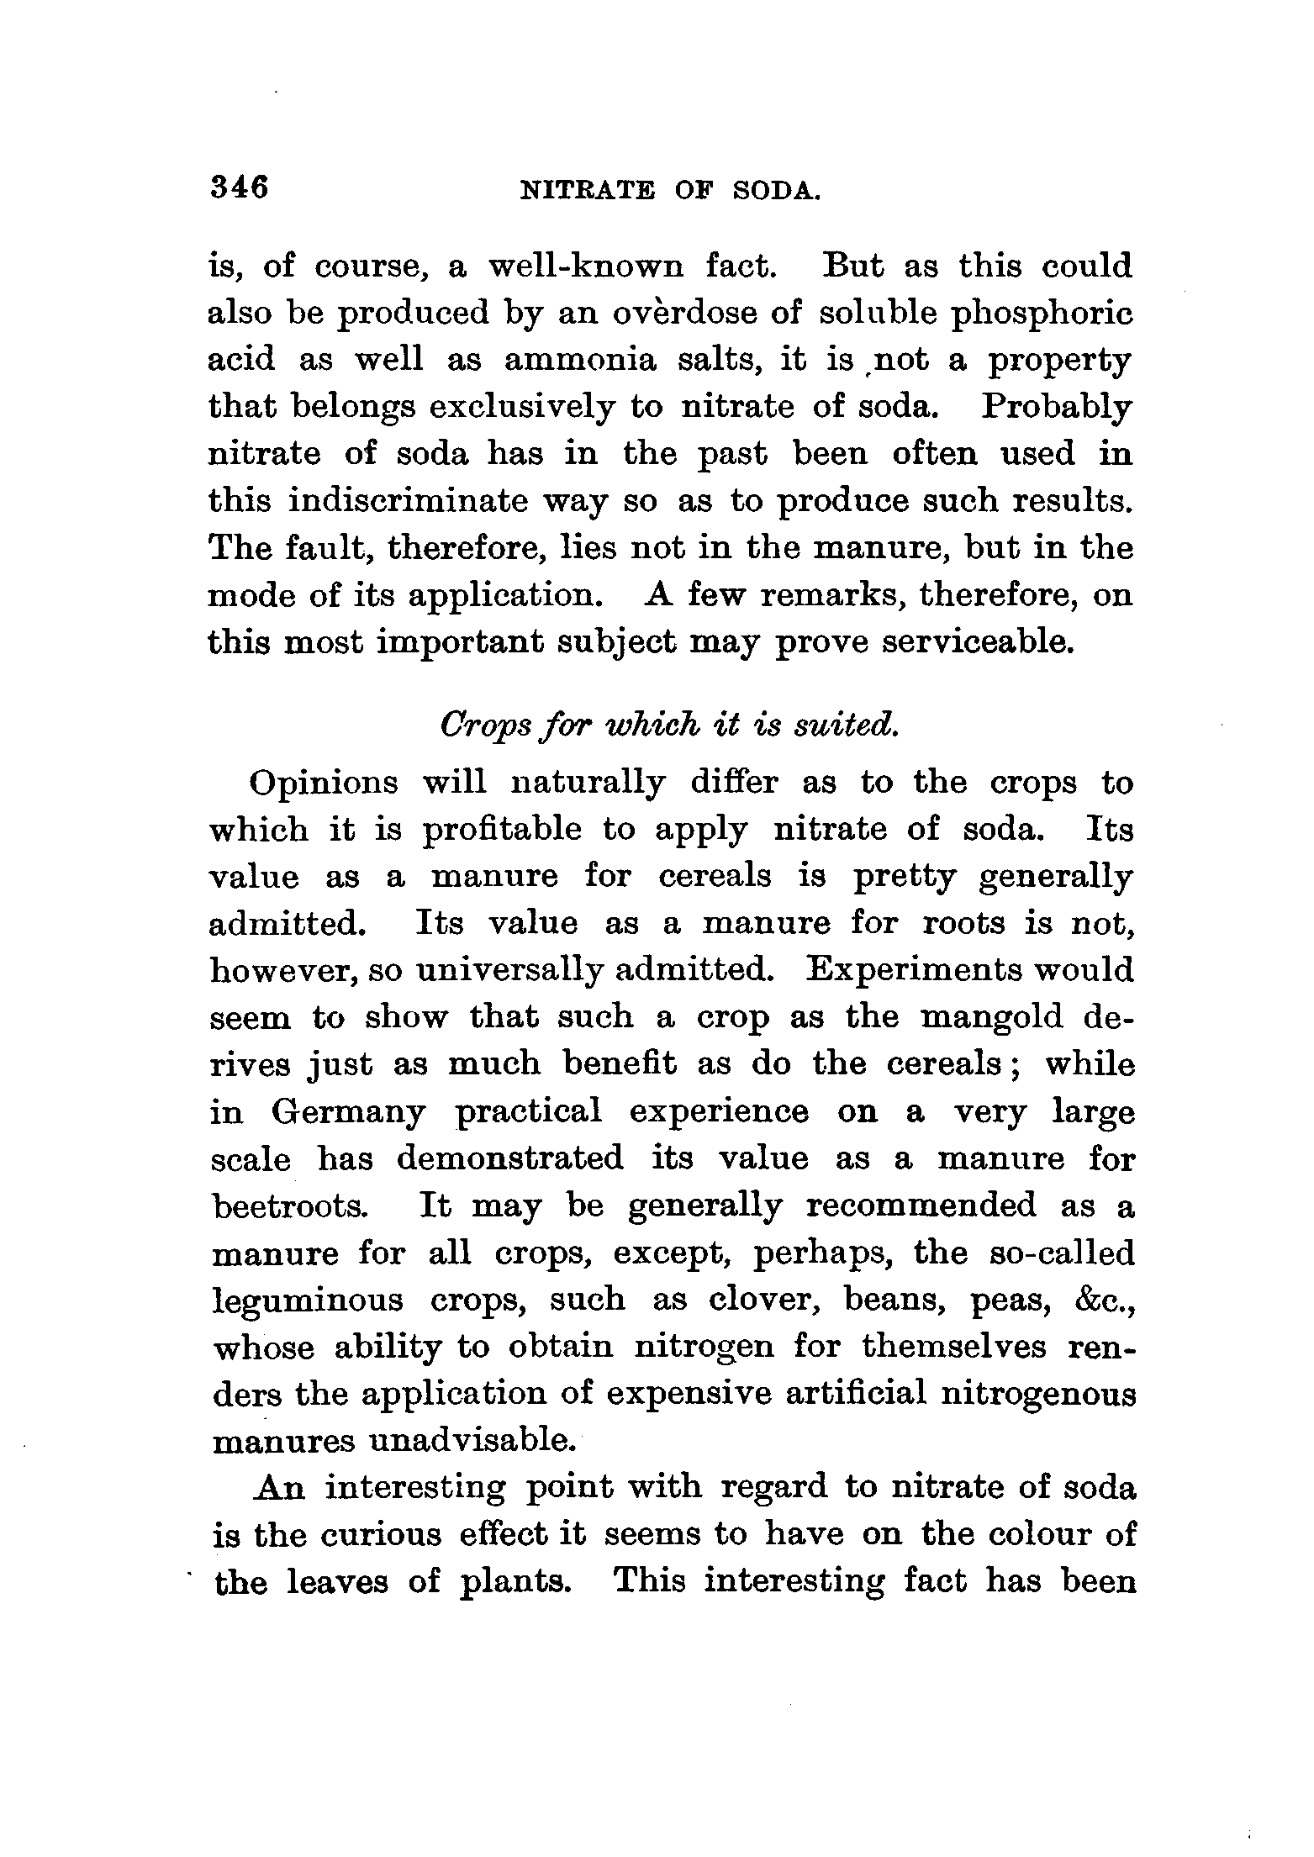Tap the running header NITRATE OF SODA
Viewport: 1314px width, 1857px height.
[x=670, y=192]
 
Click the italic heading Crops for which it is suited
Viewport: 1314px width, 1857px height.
[x=670, y=725]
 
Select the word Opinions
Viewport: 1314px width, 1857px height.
[x=324, y=783]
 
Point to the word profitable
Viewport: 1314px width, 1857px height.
[x=501, y=831]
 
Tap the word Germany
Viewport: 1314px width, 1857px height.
[x=348, y=1113]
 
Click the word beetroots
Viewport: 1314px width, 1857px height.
[x=289, y=1206]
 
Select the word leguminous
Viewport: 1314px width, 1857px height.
[x=308, y=1300]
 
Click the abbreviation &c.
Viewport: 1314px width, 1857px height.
[x=1100, y=1300]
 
